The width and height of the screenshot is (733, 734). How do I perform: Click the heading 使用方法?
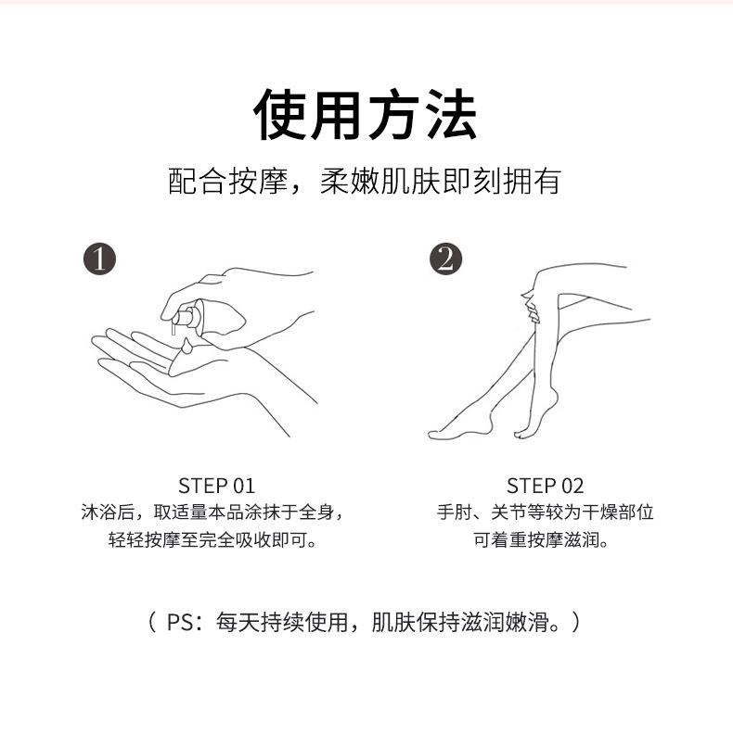pos(365,115)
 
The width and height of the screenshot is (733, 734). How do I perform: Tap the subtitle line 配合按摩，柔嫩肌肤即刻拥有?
pos(365,181)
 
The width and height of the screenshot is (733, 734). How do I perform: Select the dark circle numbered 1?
pos(100,259)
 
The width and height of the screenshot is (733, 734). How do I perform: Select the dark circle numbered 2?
pos(445,259)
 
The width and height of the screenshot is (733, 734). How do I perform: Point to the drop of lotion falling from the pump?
pos(186,347)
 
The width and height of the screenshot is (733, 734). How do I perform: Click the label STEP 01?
pos(216,486)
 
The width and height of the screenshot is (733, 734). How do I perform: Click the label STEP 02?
pos(545,486)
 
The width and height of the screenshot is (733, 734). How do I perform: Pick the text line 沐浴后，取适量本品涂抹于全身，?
pos(212,513)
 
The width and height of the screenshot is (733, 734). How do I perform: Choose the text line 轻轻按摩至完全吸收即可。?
pos(212,539)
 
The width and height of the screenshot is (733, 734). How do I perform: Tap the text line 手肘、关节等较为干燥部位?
pos(545,513)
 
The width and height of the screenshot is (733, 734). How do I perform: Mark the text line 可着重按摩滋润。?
pos(541,539)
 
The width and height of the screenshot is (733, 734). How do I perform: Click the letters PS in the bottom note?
pos(179,623)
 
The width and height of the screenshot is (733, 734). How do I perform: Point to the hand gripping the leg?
pos(531,307)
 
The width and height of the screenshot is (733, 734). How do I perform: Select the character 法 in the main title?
pos(451,115)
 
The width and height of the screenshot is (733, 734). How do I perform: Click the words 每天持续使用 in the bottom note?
pos(282,623)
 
